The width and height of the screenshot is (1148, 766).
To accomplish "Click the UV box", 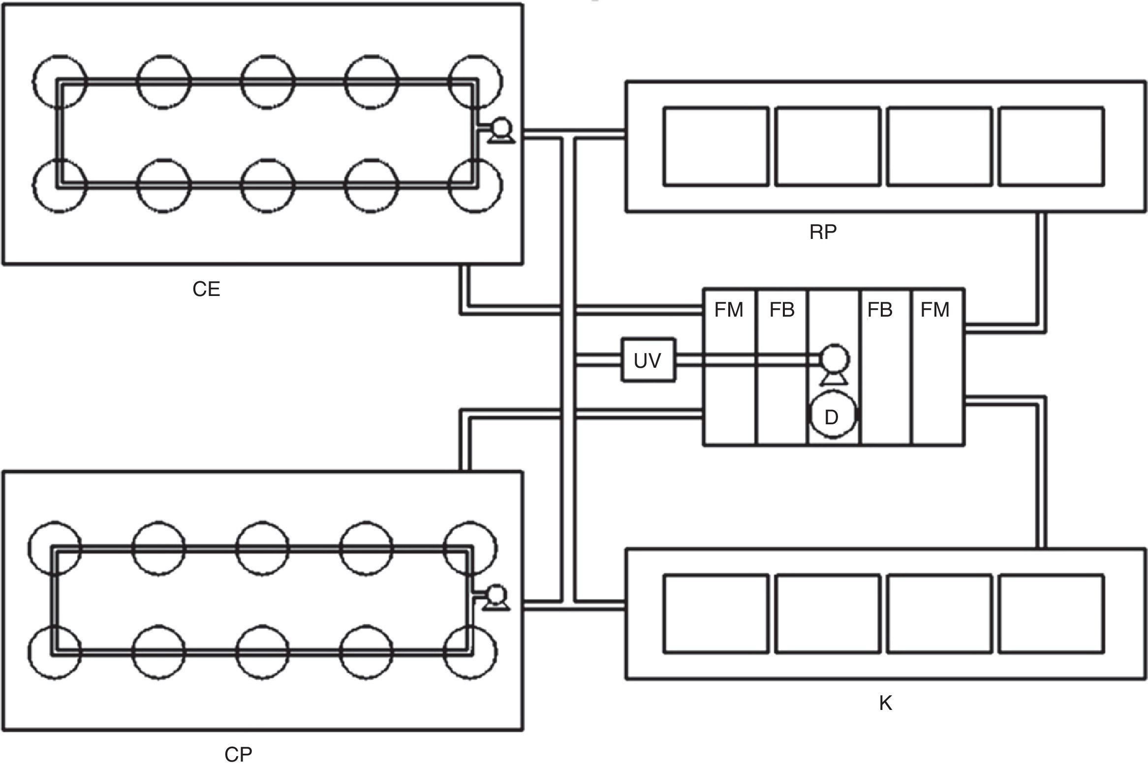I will point(648,360).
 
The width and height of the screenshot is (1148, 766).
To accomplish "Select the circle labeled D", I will point(832,416).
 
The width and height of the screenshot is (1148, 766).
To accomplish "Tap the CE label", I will point(206,289).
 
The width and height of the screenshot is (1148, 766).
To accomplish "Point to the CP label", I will point(238,754).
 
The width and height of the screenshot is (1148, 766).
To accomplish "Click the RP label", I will point(823,232).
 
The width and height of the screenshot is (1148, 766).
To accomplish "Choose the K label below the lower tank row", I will point(885,704).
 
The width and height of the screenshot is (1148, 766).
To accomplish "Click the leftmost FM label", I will point(729,310).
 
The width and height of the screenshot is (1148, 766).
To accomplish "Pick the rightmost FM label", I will point(934,310).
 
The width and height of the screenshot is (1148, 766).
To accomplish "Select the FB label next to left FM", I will point(782,310).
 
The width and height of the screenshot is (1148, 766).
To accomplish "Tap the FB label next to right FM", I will point(880,310).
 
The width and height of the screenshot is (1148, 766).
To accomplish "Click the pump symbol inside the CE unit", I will point(501,130).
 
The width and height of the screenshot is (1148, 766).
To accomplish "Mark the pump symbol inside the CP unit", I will point(496,597).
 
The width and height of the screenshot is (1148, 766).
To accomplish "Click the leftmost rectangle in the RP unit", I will point(715,147).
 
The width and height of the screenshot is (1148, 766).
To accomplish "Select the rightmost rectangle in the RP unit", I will point(1051,147).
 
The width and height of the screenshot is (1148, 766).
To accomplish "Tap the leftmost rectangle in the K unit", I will point(715,614).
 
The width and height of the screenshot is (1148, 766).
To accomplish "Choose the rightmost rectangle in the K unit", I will point(1051,614).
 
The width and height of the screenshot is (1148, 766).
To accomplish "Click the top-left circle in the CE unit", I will point(60,81).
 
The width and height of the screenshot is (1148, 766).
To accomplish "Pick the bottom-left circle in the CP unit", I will point(55,652).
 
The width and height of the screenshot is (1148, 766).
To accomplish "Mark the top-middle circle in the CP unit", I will point(262,547).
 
